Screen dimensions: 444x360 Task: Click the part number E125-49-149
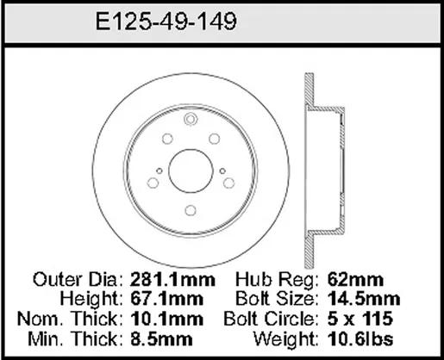click(x=166, y=22)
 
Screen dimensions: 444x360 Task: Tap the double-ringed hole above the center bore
click(x=190, y=119)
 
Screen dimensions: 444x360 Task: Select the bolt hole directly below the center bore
click(x=191, y=210)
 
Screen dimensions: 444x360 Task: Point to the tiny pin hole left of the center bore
click(x=159, y=171)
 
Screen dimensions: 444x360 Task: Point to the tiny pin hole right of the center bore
click(x=222, y=171)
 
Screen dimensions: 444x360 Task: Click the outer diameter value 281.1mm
click(x=172, y=279)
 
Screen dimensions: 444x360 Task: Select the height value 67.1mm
click(x=167, y=299)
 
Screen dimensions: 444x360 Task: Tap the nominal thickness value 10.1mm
click(x=167, y=319)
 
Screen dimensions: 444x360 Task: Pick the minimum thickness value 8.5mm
click(x=161, y=339)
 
